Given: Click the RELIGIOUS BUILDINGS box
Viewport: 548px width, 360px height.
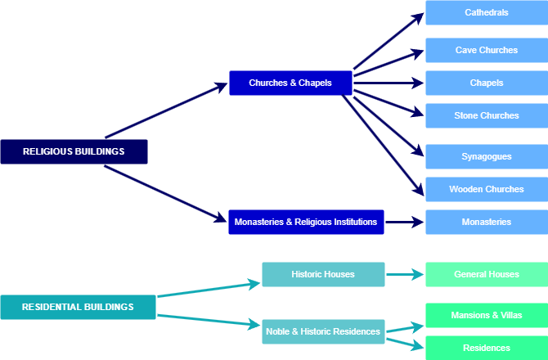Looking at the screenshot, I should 74,151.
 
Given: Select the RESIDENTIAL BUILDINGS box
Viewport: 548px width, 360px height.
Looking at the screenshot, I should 78,307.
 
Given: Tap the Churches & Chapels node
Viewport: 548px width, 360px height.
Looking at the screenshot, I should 290,83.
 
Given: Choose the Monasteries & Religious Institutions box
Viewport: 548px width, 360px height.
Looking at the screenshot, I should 306,222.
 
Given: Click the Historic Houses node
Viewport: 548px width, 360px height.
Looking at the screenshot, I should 323,274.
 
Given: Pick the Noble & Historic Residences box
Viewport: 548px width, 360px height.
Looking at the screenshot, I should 323,331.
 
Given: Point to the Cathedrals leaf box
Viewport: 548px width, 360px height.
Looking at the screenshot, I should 487,13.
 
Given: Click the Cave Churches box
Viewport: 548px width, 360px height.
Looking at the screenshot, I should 487,50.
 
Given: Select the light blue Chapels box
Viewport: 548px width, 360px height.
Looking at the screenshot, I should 487,83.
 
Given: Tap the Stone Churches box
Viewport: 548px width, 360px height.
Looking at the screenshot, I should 487,115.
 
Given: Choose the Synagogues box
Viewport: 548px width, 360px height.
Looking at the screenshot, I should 487,156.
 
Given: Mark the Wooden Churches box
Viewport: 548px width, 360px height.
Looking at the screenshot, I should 487,189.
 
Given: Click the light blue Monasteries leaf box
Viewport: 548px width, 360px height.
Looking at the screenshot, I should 487,222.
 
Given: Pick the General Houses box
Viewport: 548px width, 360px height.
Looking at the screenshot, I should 487,274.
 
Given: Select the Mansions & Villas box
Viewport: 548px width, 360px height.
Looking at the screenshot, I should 487,315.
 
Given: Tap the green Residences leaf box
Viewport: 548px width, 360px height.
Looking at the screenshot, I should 487,348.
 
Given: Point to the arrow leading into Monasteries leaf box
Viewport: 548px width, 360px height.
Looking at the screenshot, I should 405,222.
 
